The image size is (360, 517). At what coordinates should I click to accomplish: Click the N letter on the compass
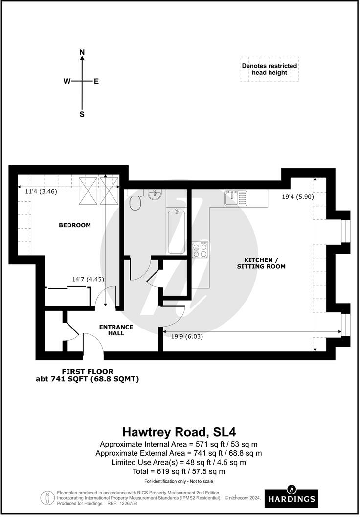[x=82, y=52]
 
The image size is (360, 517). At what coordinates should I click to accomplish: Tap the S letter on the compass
[x=82, y=114]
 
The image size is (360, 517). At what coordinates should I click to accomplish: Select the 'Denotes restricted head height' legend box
[x=269, y=69]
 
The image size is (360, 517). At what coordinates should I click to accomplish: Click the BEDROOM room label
[x=75, y=225]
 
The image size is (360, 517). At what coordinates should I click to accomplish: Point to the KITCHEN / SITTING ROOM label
[x=261, y=263]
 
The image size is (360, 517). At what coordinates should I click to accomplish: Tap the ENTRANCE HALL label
[x=116, y=330]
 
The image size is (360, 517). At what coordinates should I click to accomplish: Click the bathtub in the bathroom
[x=176, y=231]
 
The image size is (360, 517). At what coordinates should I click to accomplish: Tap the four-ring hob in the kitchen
[x=200, y=251]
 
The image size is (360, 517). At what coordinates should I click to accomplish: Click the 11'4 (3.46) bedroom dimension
[x=41, y=192]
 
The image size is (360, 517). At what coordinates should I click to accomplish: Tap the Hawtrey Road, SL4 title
[x=179, y=432]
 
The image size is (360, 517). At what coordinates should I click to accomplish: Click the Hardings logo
[x=291, y=497]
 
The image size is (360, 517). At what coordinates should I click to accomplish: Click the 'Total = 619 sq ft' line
[x=179, y=471]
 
